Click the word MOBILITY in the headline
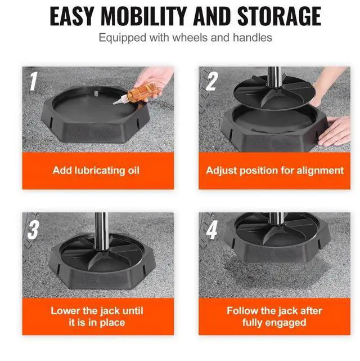pos(143,16)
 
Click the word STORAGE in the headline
pos(279,16)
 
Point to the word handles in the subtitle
pos(253,37)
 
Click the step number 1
pos(33,81)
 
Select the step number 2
pos(211,81)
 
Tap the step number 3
pos(33,230)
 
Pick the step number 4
pos(211,230)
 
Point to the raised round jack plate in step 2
pos(273,92)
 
